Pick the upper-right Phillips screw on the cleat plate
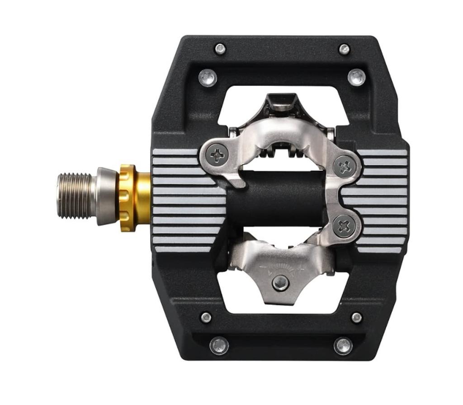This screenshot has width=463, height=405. click(x=345, y=166)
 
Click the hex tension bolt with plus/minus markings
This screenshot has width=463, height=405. click(x=281, y=283)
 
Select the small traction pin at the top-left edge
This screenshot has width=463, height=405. click(x=220, y=49)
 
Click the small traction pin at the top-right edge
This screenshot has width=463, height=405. click(x=345, y=49)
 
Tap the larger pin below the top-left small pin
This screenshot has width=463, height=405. click(x=208, y=77)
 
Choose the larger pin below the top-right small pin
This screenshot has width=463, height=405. click(x=357, y=77)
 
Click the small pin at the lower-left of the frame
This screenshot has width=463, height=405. click(x=206, y=317)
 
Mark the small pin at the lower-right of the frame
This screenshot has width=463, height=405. click(x=357, y=317)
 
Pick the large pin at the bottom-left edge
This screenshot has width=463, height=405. click(x=219, y=346)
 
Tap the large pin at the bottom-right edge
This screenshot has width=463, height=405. click(x=343, y=346)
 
